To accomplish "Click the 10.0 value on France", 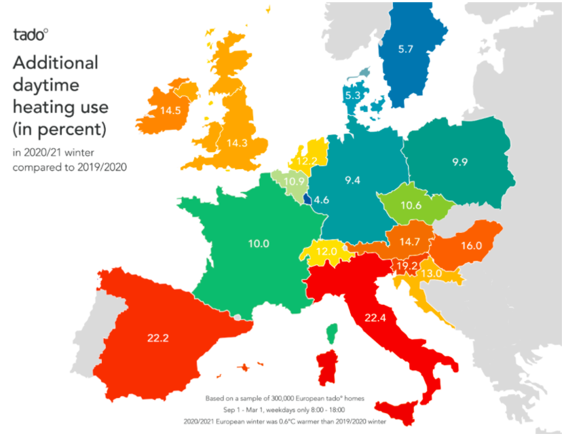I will coord(240,243).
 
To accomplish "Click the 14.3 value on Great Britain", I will coord(237,143).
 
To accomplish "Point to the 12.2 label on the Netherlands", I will coord(306,161).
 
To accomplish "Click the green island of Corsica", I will coord(332,333).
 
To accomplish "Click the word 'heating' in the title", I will coord(40,107).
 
